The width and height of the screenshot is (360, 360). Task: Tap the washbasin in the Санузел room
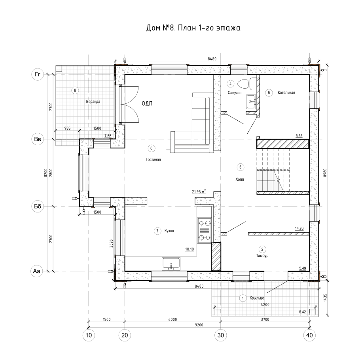point(251,102)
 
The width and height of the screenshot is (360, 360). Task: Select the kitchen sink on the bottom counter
point(171,264)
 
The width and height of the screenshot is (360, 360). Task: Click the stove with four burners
point(205,230)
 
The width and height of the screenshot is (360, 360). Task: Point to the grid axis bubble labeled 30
point(221,335)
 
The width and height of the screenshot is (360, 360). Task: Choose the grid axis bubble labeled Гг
point(38,74)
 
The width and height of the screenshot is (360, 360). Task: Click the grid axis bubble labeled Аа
point(36,271)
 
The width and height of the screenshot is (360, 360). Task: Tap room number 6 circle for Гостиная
point(151,148)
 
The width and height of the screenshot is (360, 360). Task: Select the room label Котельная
point(286,93)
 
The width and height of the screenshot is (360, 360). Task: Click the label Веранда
point(93,102)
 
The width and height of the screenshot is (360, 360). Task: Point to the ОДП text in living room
point(147,104)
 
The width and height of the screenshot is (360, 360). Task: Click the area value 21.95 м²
point(199,191)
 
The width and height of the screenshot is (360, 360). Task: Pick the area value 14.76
point(299,228)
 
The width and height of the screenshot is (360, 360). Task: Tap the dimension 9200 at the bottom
point(199,325)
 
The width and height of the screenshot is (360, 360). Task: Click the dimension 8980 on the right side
point(325,172)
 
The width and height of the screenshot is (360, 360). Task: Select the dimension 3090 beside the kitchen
point(111,243)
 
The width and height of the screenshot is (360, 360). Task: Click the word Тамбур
point(262,256)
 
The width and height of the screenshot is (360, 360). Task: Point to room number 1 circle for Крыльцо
point(243,298)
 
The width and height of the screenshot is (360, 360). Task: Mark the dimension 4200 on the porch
point(265,305)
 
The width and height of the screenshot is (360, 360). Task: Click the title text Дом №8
point(161,28)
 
